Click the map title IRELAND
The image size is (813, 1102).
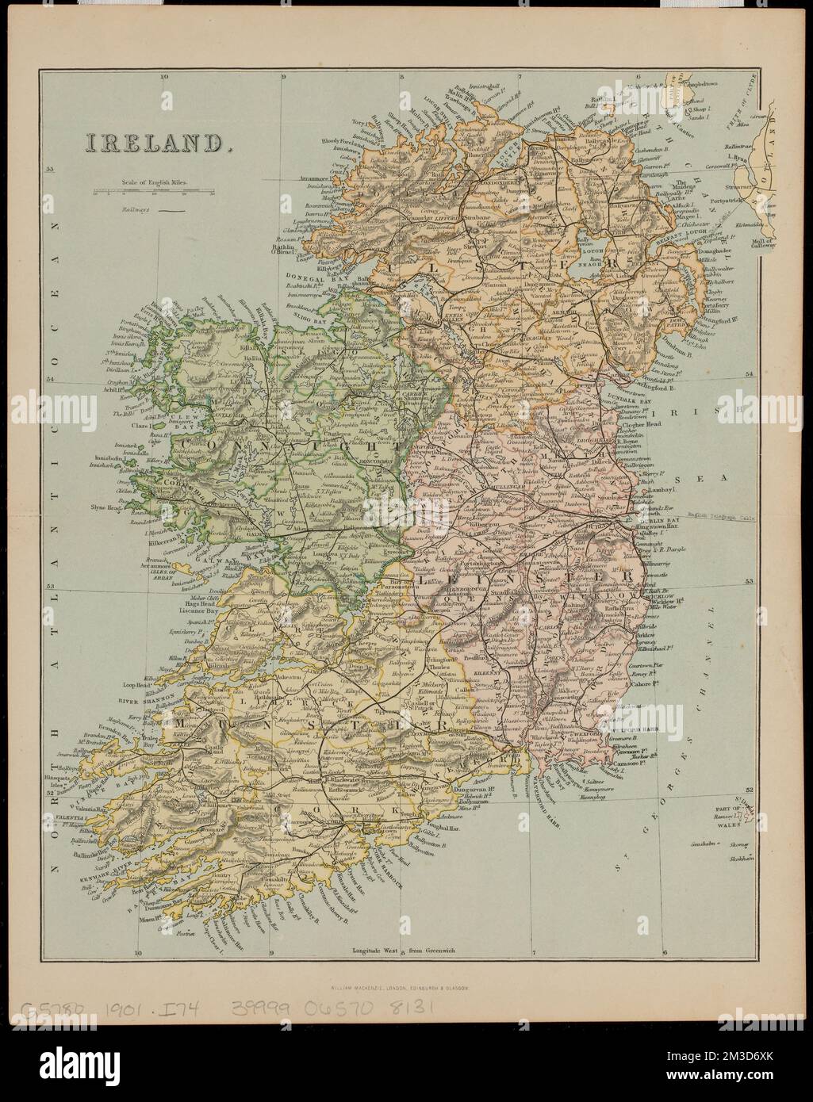click(x=153, y=143)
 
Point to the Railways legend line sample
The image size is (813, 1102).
click(x=171, y=212)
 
